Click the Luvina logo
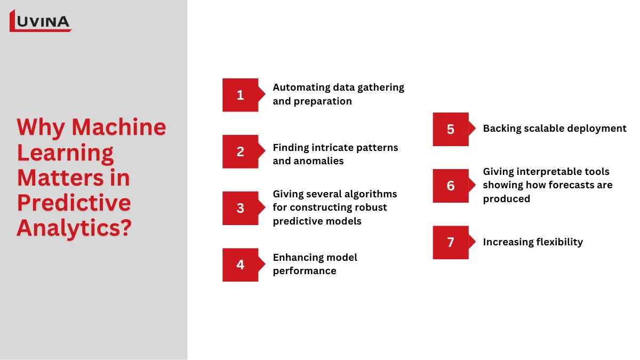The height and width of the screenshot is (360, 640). coord(41,21)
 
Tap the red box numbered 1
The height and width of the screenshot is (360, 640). coord(240,95)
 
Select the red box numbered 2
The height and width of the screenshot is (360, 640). coord(240,151)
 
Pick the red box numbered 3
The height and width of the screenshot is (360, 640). coord(240,208)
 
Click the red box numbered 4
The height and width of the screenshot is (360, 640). coord(240,265)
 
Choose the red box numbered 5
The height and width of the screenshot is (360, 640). coord(451,129)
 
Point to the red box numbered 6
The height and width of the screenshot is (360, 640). coord(451,186)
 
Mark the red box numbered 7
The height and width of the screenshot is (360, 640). coord(451,242)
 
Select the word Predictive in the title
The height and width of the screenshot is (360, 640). coord(74,203)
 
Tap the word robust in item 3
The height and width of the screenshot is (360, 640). coord(371,207)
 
